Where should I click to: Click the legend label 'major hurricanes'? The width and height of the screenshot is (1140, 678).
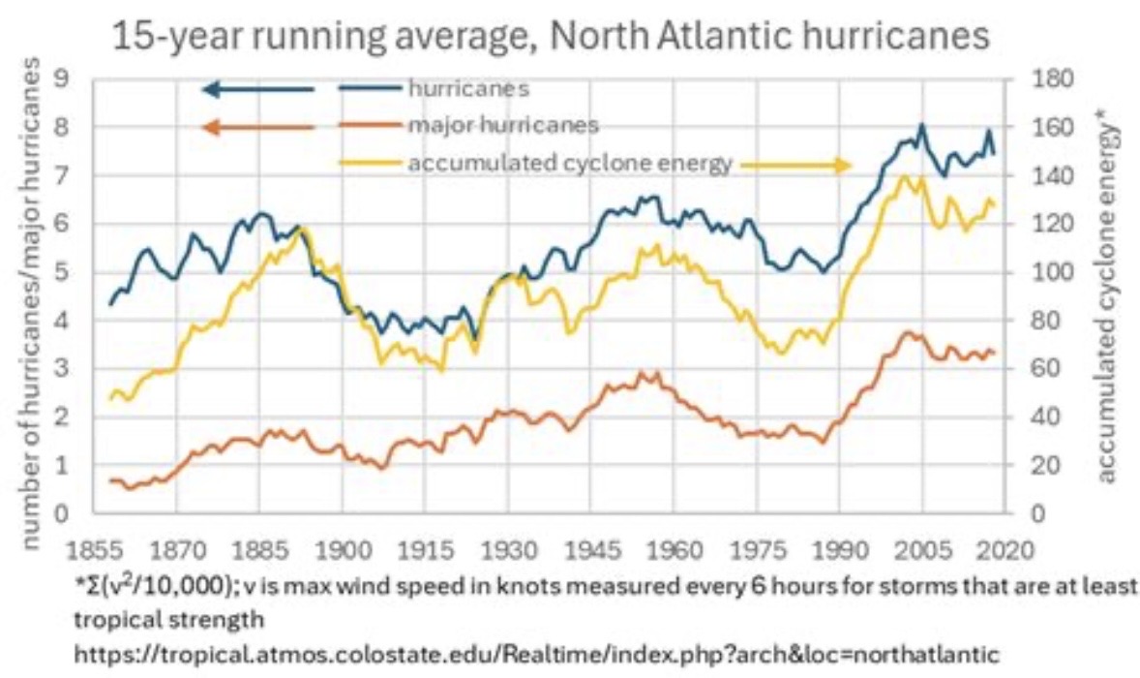coord(502,126)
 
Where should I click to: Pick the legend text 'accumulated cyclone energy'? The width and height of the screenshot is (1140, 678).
coord(570,164)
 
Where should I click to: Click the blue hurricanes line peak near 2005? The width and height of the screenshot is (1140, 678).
coord(921,125)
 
